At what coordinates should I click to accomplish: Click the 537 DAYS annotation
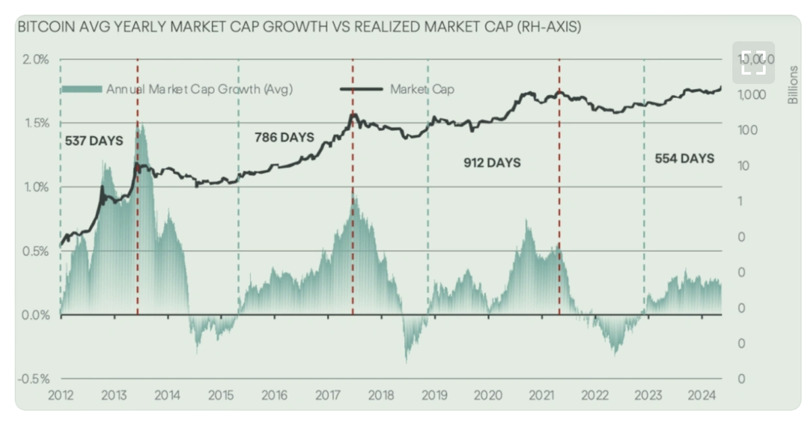pyautogui.click(x=94, y=142)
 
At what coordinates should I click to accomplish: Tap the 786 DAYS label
pyautogui.click(x=284, y=138)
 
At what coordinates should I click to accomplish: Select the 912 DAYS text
pyautogui.click(x=491, y=163)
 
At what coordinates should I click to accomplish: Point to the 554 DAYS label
pyautogui.click(x=685, y=159)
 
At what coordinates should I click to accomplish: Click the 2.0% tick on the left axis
pyautogui.click(x=36, y=59)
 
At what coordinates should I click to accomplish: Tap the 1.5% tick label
pyautogui.click(x=36, y=124)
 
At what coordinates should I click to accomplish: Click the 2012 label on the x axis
pyautogui.click(x=60, y=396)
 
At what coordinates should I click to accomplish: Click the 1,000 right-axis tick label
pyautogui.click(x=752, y=95)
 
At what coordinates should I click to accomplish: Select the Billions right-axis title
pyautogui.click(x=793, y=85)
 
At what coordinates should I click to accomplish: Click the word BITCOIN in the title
pyautogui.click(x=41, y=28)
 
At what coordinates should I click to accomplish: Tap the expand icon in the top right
pyautogui.click(x=753, y=63)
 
